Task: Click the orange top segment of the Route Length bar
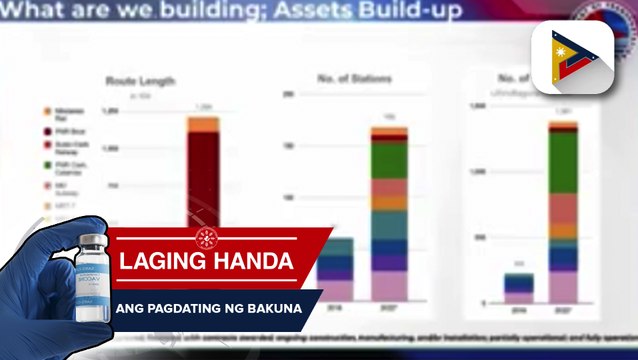(203, 123)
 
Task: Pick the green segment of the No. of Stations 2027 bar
(389, 160)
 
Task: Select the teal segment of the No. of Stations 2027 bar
(389, 225)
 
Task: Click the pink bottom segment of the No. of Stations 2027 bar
(389, 286)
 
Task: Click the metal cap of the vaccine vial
(95, 238)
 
